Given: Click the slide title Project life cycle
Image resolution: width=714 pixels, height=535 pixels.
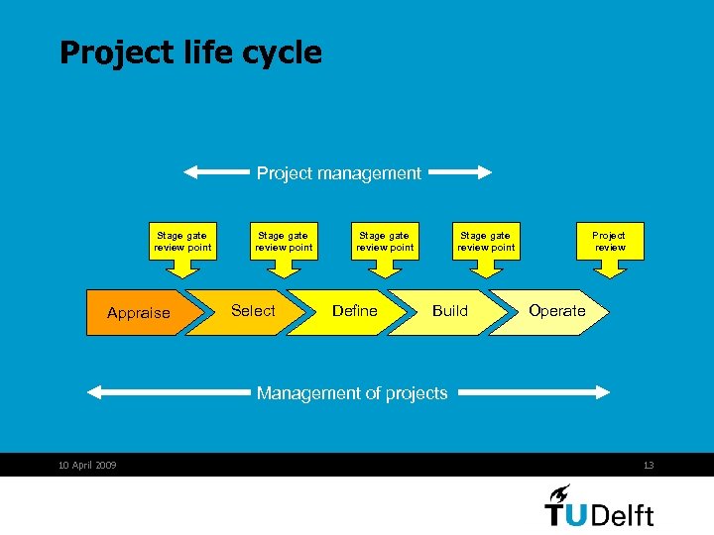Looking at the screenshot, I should (190, 53).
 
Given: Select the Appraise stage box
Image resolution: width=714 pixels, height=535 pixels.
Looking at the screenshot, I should (137, 313).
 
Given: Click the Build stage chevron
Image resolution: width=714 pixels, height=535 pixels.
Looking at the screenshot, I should (450, 311).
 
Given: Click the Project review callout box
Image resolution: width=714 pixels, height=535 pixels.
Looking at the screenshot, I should (609, 241).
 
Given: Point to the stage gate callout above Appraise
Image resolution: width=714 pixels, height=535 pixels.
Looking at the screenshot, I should (182, 241).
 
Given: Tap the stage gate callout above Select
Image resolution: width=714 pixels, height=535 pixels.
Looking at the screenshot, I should (284, 241).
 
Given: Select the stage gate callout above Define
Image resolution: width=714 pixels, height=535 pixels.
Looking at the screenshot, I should (385, 241).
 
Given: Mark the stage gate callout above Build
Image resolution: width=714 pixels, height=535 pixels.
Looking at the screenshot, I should (486, 241).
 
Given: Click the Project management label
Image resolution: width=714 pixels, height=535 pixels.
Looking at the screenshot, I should (338, 173).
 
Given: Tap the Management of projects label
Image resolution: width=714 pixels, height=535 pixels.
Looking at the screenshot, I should (352, 393).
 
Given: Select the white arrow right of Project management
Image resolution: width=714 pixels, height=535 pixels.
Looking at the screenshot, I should (460, 173).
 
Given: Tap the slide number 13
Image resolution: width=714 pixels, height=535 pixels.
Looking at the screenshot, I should (649, 466).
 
